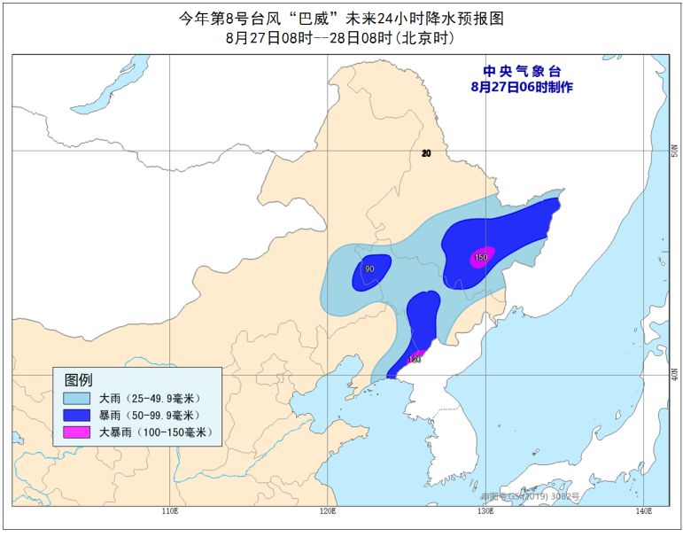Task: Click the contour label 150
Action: point(481,258)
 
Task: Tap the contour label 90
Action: point(369,269)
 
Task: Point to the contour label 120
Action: point(413,360)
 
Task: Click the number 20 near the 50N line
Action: point(426,153)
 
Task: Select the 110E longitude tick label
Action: point(170,511)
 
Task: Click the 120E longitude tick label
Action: point(327,511)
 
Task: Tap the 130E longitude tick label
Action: point(484,511)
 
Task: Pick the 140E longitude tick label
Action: point(641,511)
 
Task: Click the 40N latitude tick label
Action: point(674,377)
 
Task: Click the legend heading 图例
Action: point(78,379)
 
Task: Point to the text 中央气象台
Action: point(522,71)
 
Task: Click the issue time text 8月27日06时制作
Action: point(522,87)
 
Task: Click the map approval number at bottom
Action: point(524,498)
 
